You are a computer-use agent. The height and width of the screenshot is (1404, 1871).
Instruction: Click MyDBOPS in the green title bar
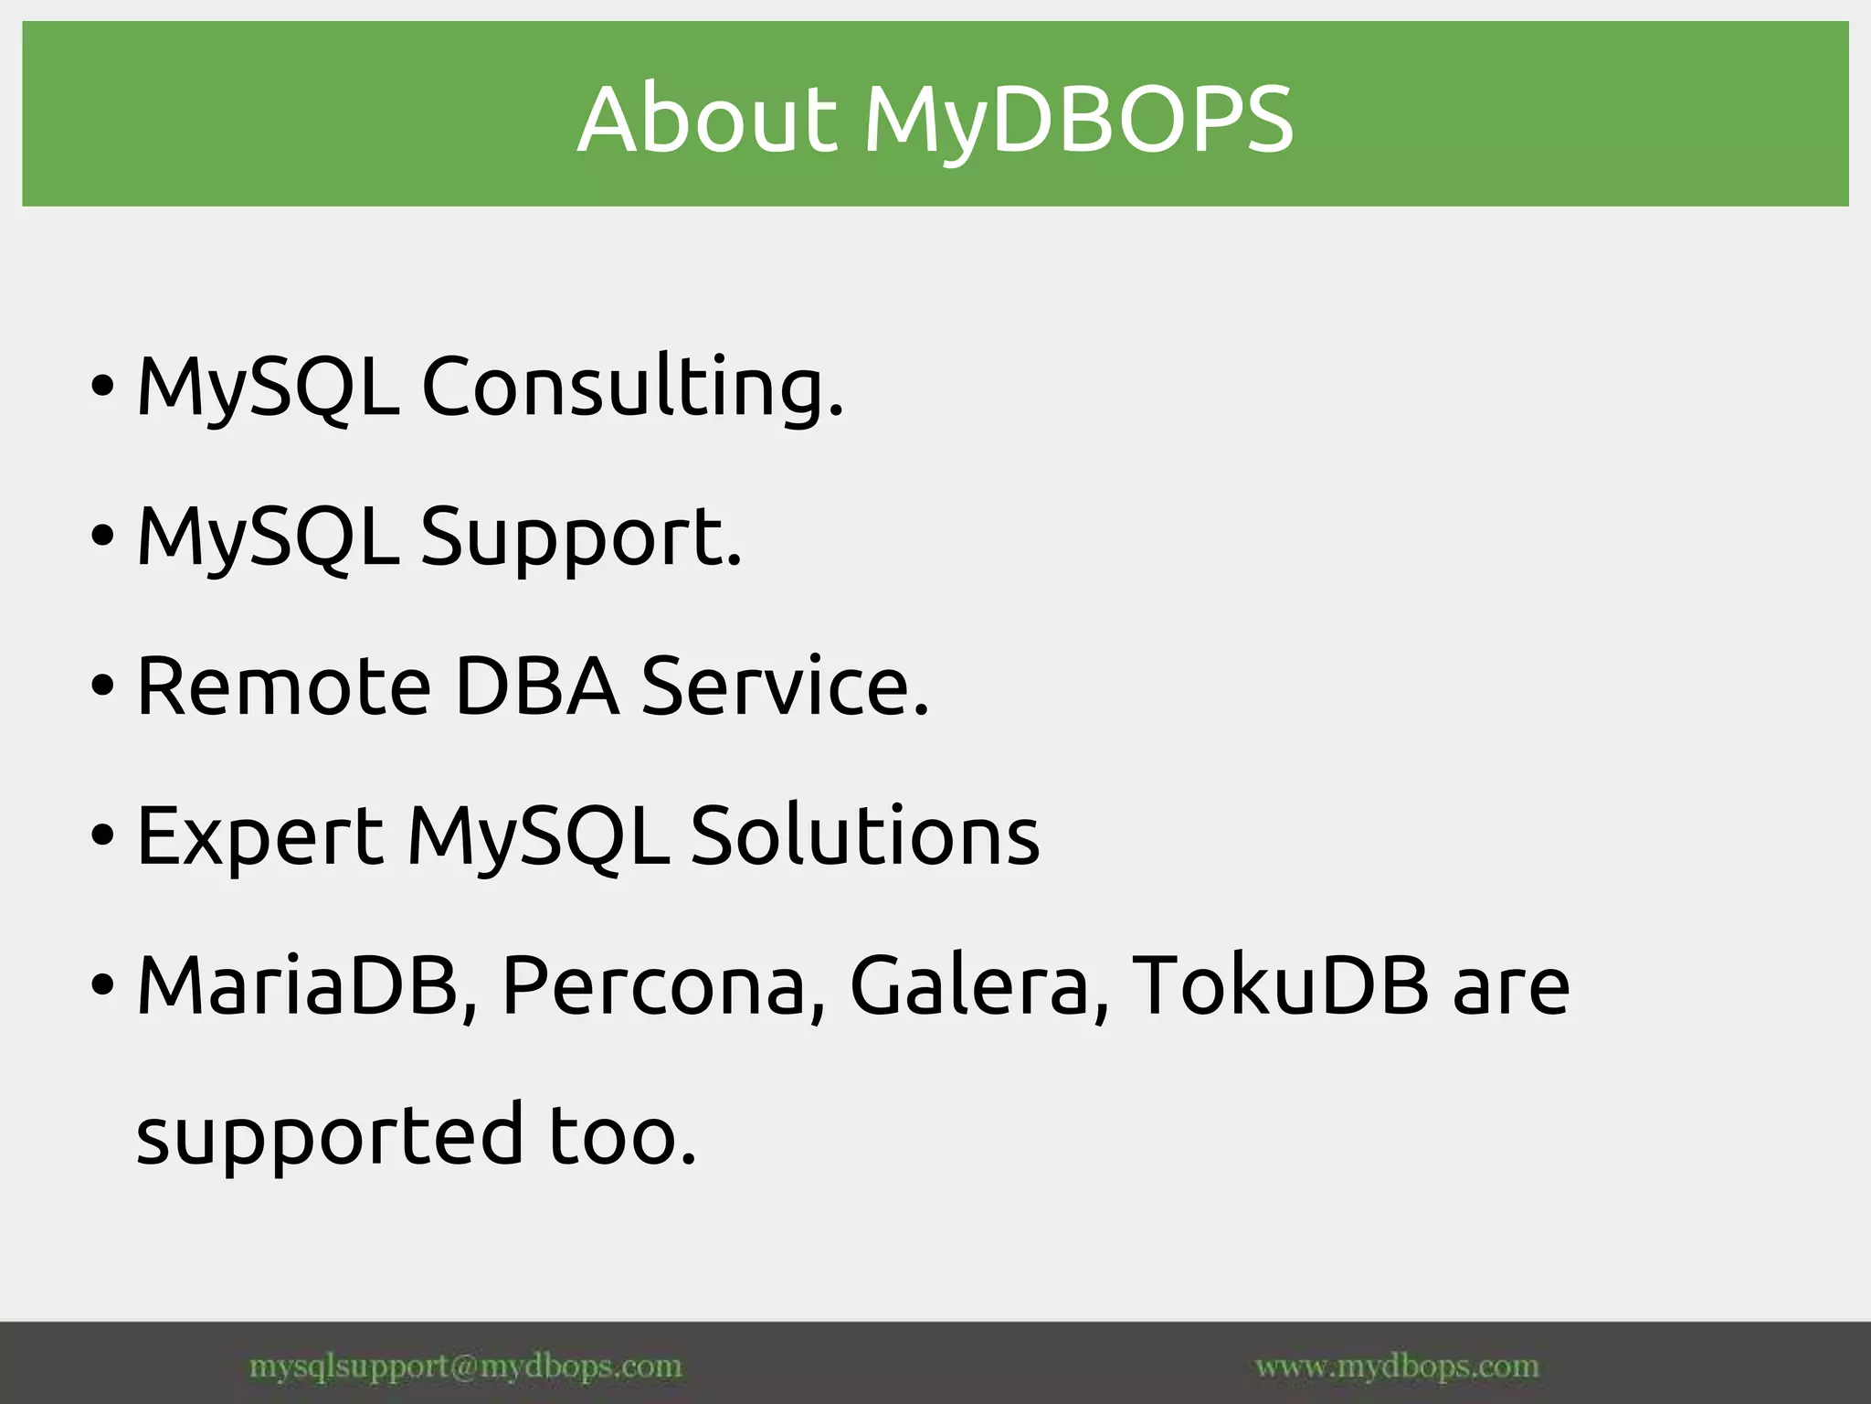point(1078,121)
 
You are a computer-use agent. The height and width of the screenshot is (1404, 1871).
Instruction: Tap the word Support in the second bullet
point(580,537)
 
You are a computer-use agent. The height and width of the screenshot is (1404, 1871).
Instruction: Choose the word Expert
point(259,835)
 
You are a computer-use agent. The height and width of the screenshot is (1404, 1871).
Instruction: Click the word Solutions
point(864,835)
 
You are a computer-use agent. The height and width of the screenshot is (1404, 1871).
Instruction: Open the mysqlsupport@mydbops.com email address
point(465,1367)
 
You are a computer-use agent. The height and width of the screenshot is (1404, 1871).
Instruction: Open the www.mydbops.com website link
point(1397,1367)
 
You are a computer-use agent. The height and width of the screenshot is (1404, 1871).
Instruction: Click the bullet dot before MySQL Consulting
point(103,385)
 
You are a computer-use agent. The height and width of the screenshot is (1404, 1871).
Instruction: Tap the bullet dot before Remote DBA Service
point(103,685)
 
